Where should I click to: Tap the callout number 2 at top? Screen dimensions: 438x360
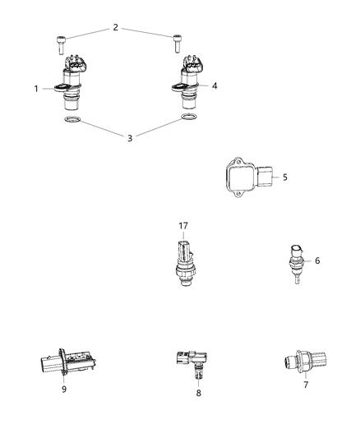click(x=115, y=29)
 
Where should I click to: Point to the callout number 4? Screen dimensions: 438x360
click(x=214, y=85)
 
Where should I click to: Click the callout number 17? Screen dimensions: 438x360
click(x=183, y=224)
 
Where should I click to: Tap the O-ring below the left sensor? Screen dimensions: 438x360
click(x=71, y=122)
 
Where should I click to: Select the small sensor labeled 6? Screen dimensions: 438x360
click(x=293, y=264)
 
